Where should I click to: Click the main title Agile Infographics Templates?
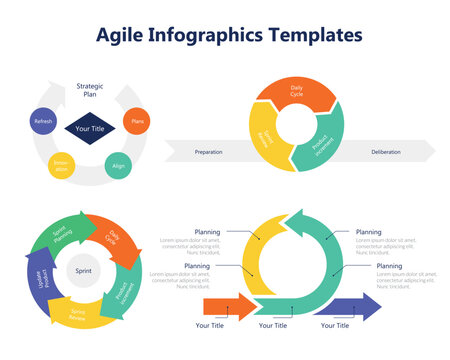(x=229, y=36)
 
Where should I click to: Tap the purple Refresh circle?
(x=43, y=121)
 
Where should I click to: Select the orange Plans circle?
(x=137, y=121)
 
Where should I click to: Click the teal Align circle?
(x=119, y=165)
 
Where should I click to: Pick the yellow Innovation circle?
(x=62, y=166)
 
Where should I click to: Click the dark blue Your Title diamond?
(x=90, y=129)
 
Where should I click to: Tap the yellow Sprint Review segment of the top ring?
(x=265, y=140)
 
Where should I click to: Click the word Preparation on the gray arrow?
(x=209, y=152)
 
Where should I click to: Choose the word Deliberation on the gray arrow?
(x=386, y=152)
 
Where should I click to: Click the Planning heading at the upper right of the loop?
(x=368, y=232)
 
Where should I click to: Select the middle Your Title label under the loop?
(x=273, y=326)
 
